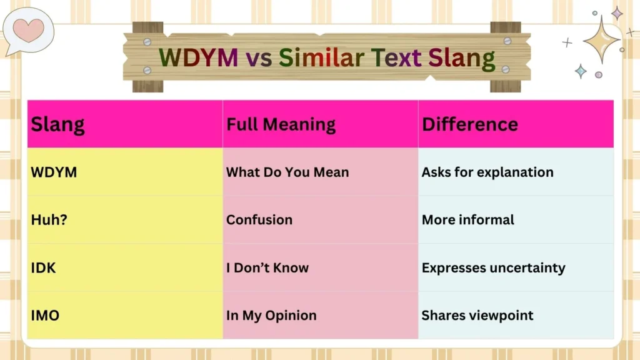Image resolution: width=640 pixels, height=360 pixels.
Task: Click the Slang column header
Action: click(57, 124)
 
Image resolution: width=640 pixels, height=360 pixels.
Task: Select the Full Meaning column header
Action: click(281, 124)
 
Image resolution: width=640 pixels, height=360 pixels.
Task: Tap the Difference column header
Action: click(469, 124)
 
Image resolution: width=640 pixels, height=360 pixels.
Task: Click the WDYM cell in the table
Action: click(54, 172)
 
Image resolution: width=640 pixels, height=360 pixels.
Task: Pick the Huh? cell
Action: click(49, 220)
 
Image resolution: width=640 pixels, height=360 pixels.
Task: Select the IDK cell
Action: click(43, 267)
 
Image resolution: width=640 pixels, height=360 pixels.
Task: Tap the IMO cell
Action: click(45, 316)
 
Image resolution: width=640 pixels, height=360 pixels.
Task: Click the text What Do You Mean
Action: click(287, 172)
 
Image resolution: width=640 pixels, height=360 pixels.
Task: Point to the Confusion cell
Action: click(259, 220)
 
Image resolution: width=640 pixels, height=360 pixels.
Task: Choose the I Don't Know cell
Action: click(267, 267)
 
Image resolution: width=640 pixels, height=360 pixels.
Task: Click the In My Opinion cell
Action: click(271, 316)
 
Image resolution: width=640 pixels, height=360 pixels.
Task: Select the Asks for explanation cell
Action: click(487, 172)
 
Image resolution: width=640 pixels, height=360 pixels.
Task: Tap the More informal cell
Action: click(467, 220)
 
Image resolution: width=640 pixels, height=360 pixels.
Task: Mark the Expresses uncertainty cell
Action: click(493, 267)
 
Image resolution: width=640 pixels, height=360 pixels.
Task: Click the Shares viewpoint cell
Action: click(477, 316)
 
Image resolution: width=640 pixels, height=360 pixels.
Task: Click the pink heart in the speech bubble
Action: click(29, 29)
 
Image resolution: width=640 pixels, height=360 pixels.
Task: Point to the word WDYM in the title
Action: click(198, 58)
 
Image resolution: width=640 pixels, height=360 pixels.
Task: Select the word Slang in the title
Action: click(462, 58)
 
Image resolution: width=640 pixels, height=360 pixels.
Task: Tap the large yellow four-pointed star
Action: click(601, 39)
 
